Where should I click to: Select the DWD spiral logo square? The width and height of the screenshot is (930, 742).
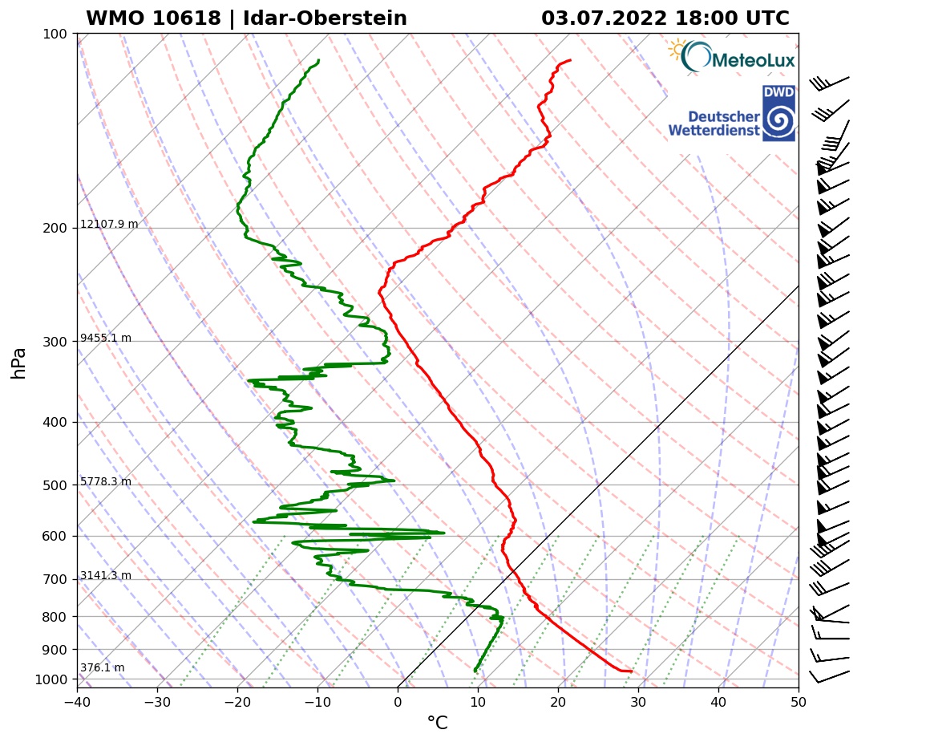(778, 113)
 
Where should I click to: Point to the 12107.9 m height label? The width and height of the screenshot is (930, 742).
(109, 225)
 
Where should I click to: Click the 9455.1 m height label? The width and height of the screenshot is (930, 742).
(106, 339)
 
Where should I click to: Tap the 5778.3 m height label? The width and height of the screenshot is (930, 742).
(106, 482)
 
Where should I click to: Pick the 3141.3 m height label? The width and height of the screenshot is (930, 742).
(106, 576)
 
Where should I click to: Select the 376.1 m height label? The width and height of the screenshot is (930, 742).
(103, 668)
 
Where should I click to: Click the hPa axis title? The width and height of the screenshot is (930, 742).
(19, 363)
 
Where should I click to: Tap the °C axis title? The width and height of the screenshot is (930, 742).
(437, 724)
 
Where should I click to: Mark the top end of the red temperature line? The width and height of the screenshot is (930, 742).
(570, 60)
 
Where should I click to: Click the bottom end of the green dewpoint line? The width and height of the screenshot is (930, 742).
(475, 671)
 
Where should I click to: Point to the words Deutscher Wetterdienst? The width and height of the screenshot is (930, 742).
(714, 123)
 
